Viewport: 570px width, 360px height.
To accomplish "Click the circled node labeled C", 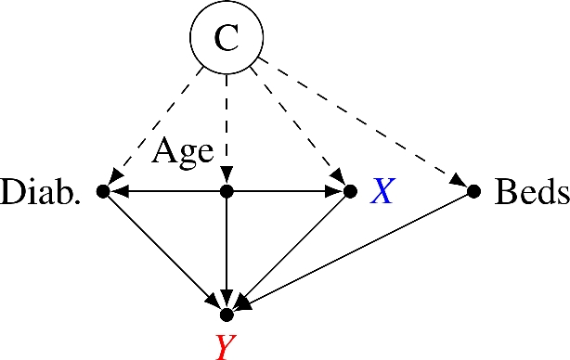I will point(227,39).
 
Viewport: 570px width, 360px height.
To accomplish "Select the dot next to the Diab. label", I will point(103,191).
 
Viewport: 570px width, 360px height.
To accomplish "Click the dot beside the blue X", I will point(350,191).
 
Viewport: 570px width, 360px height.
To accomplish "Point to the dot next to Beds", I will point(473,191).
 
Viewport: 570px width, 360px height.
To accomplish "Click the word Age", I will point(183,150).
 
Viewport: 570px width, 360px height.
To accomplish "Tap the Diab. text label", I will point(42,192).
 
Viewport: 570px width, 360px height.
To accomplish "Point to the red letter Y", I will point(225,346).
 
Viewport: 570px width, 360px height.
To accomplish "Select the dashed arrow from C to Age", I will point(227,130).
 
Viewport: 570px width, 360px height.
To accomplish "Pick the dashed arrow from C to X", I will point(297,126).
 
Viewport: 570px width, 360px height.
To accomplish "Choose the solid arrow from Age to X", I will point(288,191).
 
